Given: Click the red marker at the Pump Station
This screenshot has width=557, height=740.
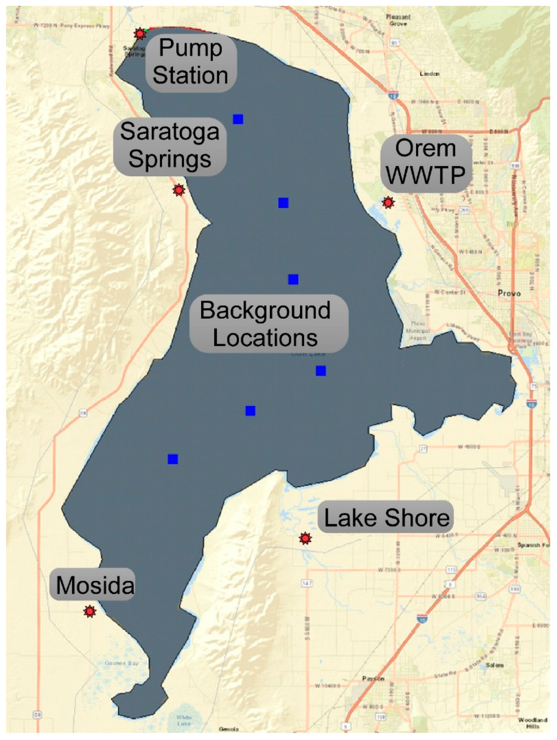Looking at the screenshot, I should [x=140, y=34].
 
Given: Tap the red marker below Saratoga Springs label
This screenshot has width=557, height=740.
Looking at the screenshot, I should [x=179, y=190].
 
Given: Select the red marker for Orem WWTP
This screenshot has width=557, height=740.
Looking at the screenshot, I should [x=388, y=202].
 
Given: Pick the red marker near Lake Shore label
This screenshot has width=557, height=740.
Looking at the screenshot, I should [x=305, y=538].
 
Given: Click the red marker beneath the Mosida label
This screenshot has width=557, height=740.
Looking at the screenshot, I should [x=90, y=611].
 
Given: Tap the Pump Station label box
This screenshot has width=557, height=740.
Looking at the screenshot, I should [x=191, y=62].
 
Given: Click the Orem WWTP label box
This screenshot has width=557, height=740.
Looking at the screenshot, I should [x=426, y=162].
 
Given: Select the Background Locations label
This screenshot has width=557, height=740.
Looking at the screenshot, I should [x=268, y=324].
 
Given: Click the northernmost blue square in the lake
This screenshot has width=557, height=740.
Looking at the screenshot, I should [x=238, y=119].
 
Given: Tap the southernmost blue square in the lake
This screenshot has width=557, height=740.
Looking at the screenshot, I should [x=173, y=459].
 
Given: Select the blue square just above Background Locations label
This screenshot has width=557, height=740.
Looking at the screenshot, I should [x=293, y=279].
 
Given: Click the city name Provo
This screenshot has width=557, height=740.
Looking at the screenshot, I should [x=509, y=293].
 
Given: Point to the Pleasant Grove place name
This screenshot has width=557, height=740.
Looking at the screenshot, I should [x=398, y=20].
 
